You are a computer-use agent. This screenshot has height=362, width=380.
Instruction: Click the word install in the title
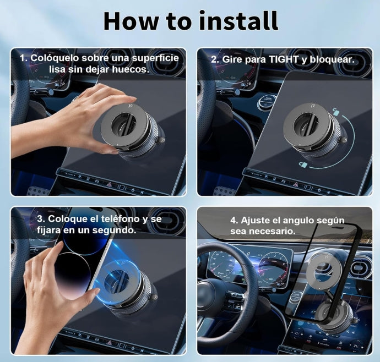click(238, 21)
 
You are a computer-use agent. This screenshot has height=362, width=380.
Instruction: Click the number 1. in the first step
click(24, 58)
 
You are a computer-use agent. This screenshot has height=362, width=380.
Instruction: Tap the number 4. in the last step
click(234, 221)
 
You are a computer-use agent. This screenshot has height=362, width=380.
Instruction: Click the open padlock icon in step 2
click(336, 112)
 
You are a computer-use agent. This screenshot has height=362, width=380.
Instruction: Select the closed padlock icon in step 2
click(303, 165)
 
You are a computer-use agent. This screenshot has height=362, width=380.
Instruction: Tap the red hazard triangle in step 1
click(110, 184)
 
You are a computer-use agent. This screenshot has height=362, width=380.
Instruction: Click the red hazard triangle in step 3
click(110, 343)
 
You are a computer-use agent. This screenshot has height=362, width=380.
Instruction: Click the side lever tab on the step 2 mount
click(343, 140)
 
